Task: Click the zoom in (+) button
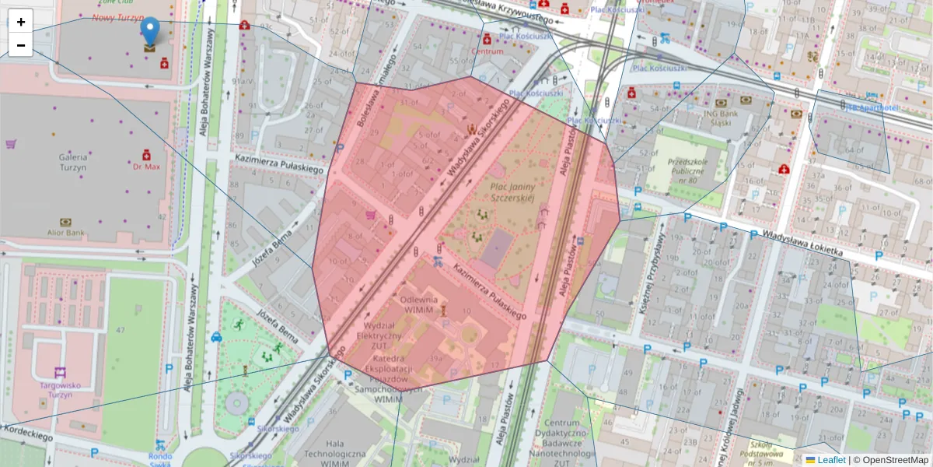21,22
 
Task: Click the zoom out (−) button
21,45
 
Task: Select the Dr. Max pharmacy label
145,167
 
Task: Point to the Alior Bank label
65,232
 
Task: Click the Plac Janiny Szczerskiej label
512,192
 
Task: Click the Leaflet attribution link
830,460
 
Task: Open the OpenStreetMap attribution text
895,460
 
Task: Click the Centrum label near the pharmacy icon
487,51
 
